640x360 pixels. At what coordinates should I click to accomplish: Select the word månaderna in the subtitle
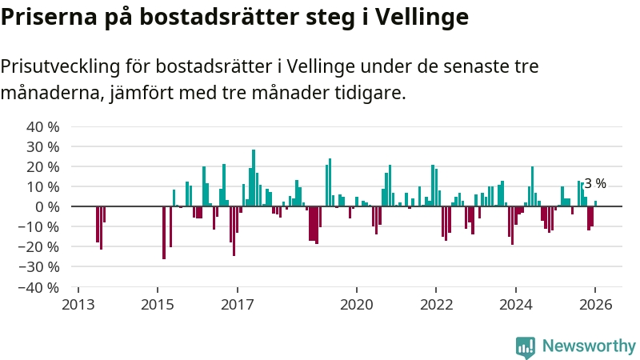pos(51,94)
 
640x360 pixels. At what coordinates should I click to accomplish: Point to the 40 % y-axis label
pos(43,127)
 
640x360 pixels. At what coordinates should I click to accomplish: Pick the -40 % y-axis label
pos(41,286)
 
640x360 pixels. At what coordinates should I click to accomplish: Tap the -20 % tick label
pos(41,246)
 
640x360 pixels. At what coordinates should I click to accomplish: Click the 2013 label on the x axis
pos(78,305)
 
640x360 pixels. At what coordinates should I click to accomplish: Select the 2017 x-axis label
pos(237,305)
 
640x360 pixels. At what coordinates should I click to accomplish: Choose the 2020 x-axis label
pos(357,305)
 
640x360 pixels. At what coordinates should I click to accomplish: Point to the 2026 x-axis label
pos(596,305)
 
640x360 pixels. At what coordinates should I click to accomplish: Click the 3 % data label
pos(595,184)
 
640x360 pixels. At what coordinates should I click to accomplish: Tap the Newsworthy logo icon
pos(526,346)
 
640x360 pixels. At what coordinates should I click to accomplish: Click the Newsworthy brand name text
pos(589,346)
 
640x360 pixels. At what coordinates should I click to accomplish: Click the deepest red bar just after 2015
pos(164,232)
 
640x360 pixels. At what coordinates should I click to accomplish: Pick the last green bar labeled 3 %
pos(595,203)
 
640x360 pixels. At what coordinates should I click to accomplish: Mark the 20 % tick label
pos(43,167)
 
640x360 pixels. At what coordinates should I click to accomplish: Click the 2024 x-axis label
pos(516,305)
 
